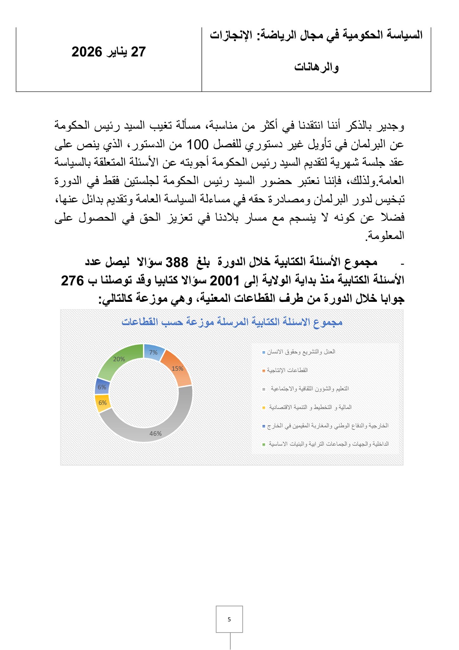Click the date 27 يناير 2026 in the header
[108, 52]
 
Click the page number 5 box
[229, 619]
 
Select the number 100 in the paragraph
[197, 145]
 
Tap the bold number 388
[177, 262]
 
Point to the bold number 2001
[224, 281]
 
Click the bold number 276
[72, 281]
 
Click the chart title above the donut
[232, 322]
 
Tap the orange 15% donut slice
[177, 368]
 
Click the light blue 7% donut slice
[153, 352]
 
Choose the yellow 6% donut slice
[102, 403]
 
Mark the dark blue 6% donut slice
[102, 387]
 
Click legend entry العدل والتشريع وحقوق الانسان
[301, 352]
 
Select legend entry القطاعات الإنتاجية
[287, 370]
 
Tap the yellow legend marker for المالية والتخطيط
[264, 407]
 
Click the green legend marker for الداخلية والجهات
[264, 444]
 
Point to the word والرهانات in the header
[316, 67]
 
